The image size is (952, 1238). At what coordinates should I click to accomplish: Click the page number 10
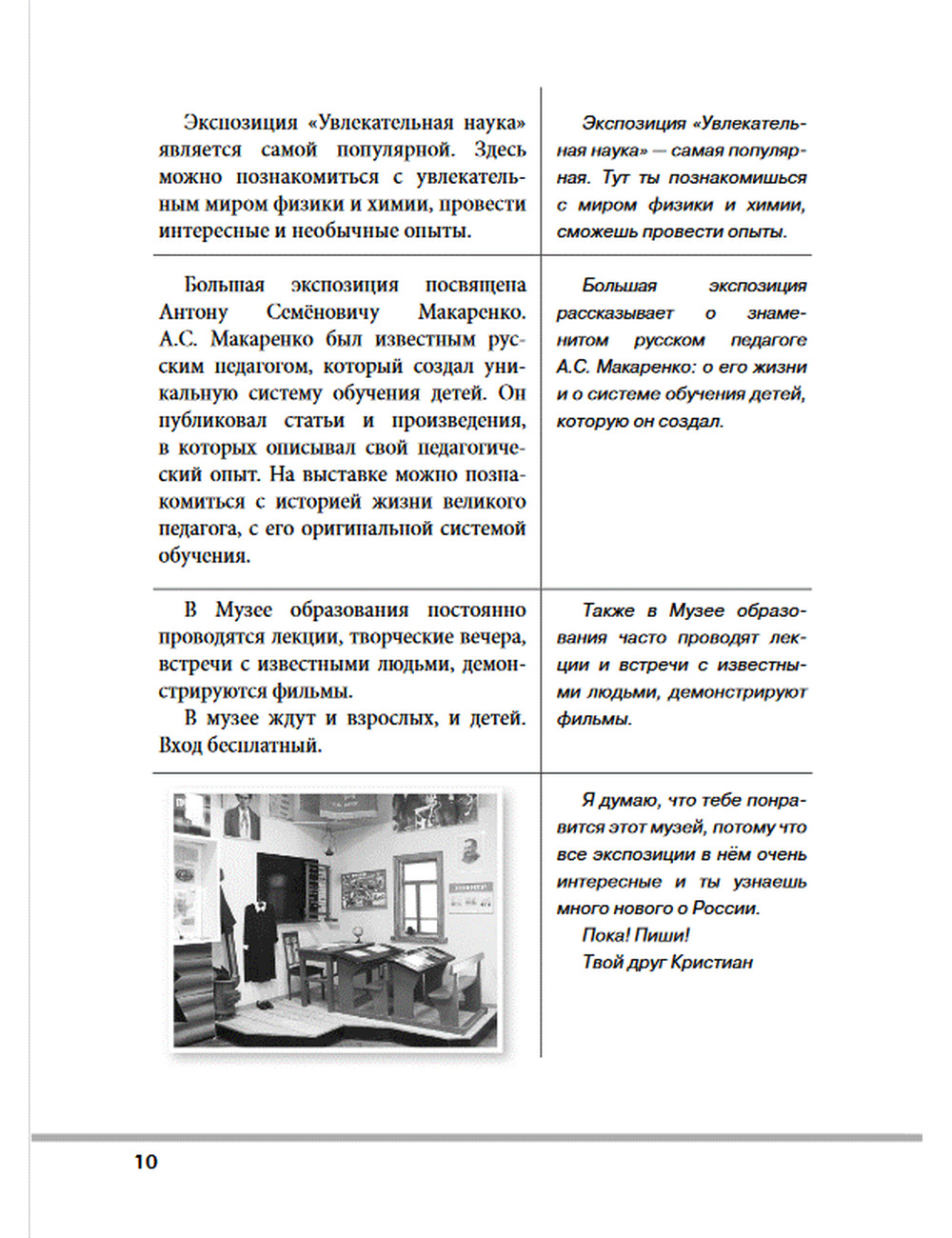(146, 1162)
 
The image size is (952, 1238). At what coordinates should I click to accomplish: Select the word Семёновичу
(322, 311)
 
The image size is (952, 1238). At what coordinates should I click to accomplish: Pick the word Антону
(193, 311)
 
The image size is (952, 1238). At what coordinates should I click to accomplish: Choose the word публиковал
(212, 420)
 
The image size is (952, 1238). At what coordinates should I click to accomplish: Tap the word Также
(608, 610)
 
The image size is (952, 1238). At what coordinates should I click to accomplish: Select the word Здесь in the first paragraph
(499, 150)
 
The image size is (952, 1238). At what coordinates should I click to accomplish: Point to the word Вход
(179, 745)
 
